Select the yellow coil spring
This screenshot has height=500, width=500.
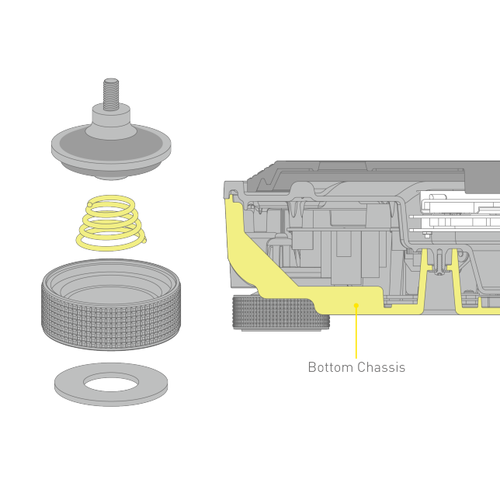coord(110,223)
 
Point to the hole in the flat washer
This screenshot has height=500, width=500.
coord(111,382)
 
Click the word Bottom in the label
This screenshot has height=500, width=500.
coord(330,367)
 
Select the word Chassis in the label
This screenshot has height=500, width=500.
coord(381,367)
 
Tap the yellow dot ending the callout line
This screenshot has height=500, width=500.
coord(356,306)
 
